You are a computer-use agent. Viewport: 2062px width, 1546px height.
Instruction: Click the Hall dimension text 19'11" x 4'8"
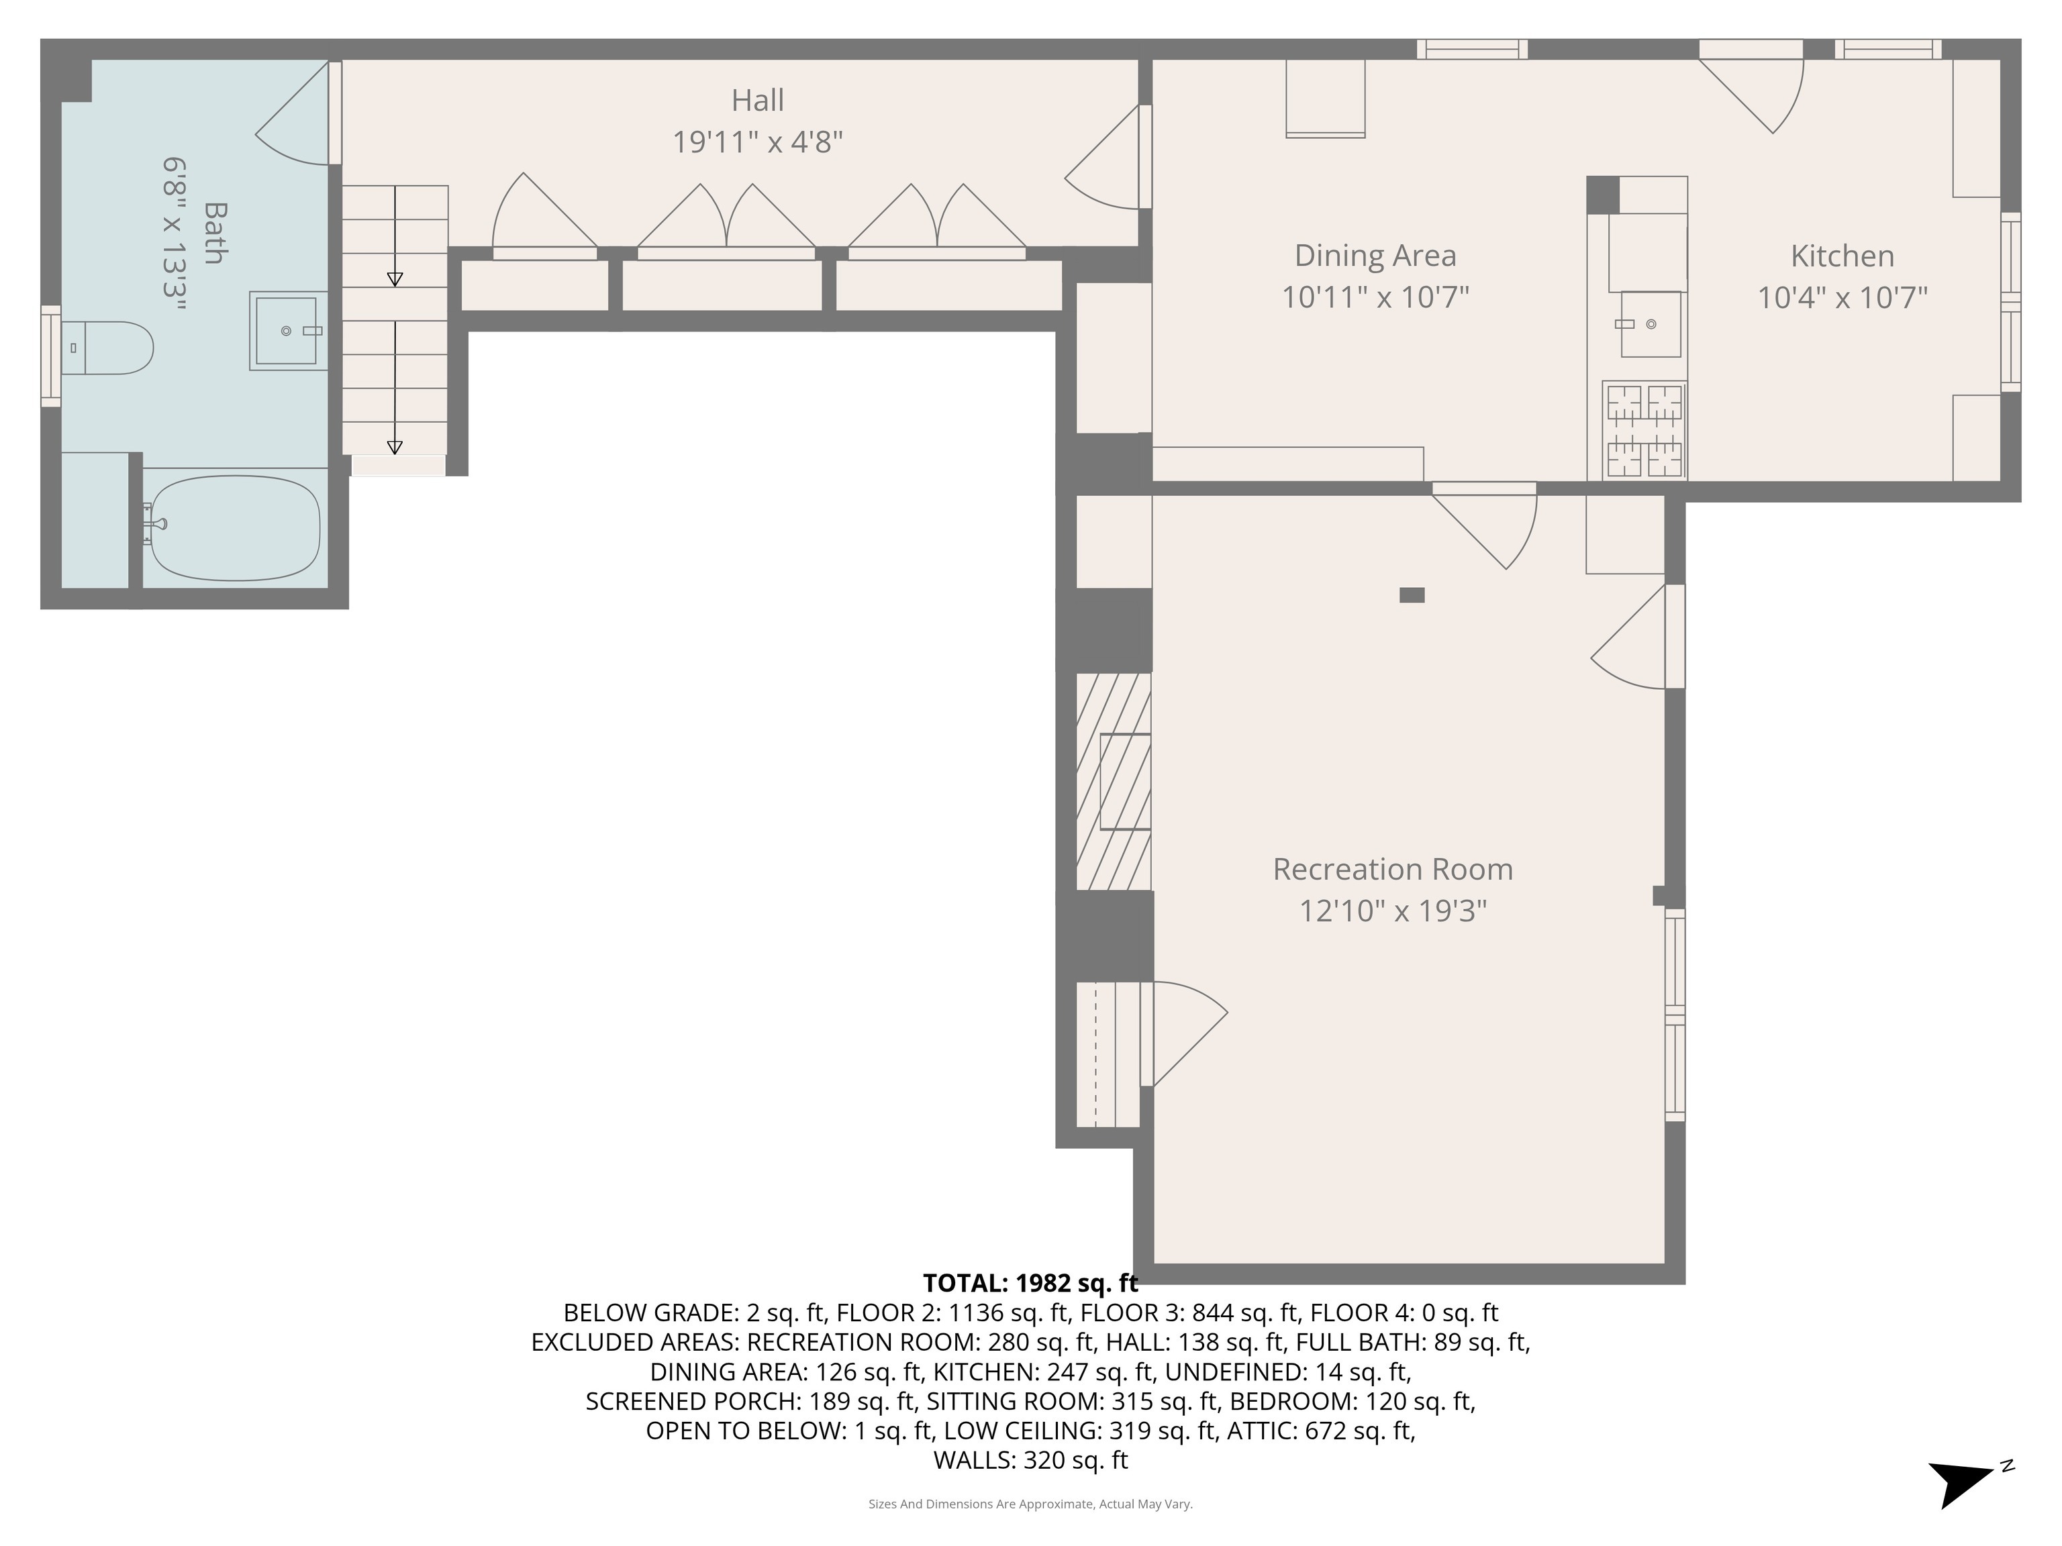(757, 142)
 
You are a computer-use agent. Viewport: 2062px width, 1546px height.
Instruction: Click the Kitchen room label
(1841, 256)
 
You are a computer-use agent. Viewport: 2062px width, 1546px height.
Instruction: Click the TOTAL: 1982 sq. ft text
(1030, 1283)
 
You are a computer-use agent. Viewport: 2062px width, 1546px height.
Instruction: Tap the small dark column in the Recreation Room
(1412, 595)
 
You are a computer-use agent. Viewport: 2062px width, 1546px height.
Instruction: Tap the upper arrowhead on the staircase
(394, 278)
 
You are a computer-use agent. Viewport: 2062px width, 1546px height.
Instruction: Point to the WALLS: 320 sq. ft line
(1030, 1460)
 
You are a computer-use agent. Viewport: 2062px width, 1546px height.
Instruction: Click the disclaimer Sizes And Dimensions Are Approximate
(1030, 1503)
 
